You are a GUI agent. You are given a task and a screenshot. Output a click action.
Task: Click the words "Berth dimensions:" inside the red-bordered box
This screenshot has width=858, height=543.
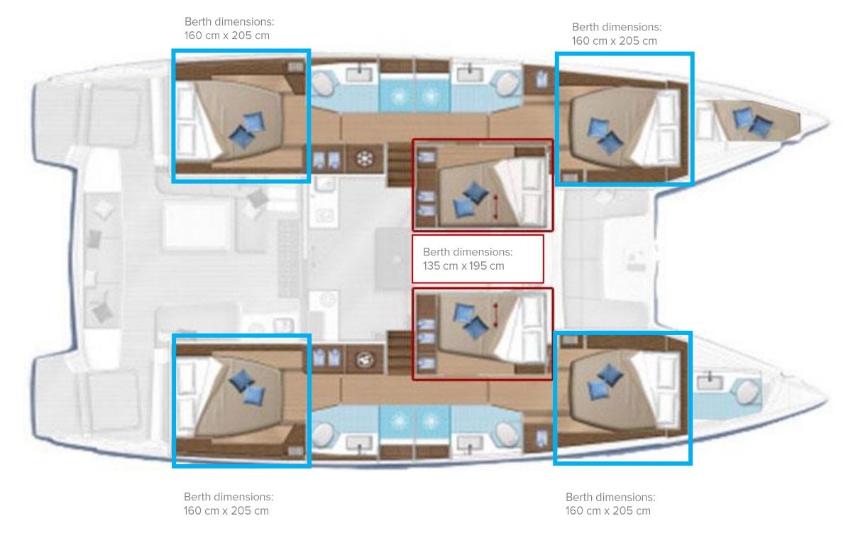(x=467, y=252)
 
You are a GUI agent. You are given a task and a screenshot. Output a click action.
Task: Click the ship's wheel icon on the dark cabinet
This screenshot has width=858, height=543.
(x=364, y=158)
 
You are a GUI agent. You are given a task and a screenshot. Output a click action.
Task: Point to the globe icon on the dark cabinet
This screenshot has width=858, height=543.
(x=364, y=360)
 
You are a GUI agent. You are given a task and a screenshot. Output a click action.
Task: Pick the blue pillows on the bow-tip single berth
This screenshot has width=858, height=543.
(x=752, y=122)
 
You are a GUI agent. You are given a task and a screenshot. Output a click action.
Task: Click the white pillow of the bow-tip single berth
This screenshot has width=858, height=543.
(x=704, y=123)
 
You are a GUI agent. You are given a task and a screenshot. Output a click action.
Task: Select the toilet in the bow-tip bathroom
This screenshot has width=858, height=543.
(x=746, y=392)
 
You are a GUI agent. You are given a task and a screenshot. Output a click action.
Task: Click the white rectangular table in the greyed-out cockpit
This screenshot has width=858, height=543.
(x=196, y=226)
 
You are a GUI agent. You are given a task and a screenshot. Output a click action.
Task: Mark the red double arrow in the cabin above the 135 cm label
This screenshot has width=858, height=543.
(x=496, y=207)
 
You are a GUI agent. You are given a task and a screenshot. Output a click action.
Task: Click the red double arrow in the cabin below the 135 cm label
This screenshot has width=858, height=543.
(x=496, y=315)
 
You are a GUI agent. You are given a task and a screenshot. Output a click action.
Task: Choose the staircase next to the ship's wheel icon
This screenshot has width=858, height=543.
(x=399, y=165)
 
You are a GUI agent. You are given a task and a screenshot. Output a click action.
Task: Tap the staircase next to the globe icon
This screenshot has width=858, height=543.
(x=399, y=353)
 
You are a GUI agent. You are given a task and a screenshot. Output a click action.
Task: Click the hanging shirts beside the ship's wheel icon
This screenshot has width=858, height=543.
(x=326, y=160)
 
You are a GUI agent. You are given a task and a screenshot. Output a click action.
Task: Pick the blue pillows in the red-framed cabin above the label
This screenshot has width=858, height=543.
(x=470, y=199)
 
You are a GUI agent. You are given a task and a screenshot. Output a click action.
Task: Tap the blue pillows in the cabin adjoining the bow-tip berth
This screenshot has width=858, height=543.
(x=605, y=136)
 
